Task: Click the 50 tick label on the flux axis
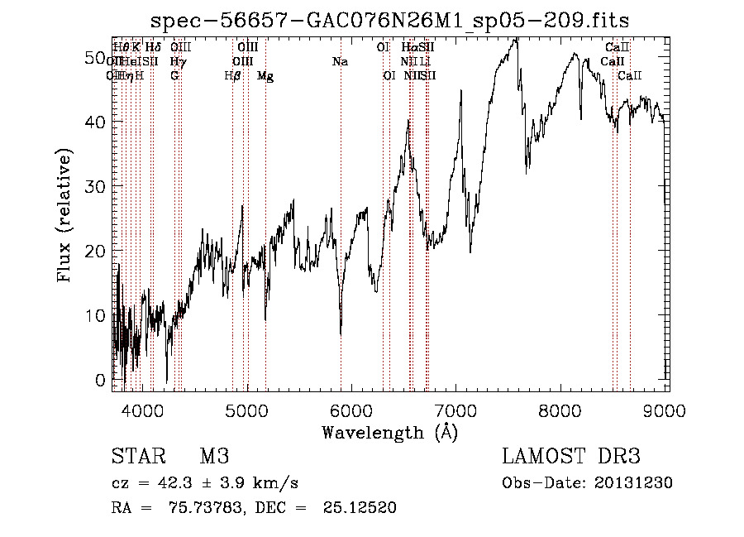click(93, 57)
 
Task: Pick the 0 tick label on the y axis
click(99, 379)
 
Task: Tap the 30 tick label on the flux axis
click(93, 186)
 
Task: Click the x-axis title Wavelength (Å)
click(389, 432)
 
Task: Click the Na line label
click(339, 62)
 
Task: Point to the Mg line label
click(265, 76)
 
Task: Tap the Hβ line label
click(232, 76)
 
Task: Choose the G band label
click(174, 76)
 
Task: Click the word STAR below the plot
click(137, 457)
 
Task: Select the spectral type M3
click(213, 457)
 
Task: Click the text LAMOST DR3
click(570, 457)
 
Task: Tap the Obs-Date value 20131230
click(635, 483)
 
